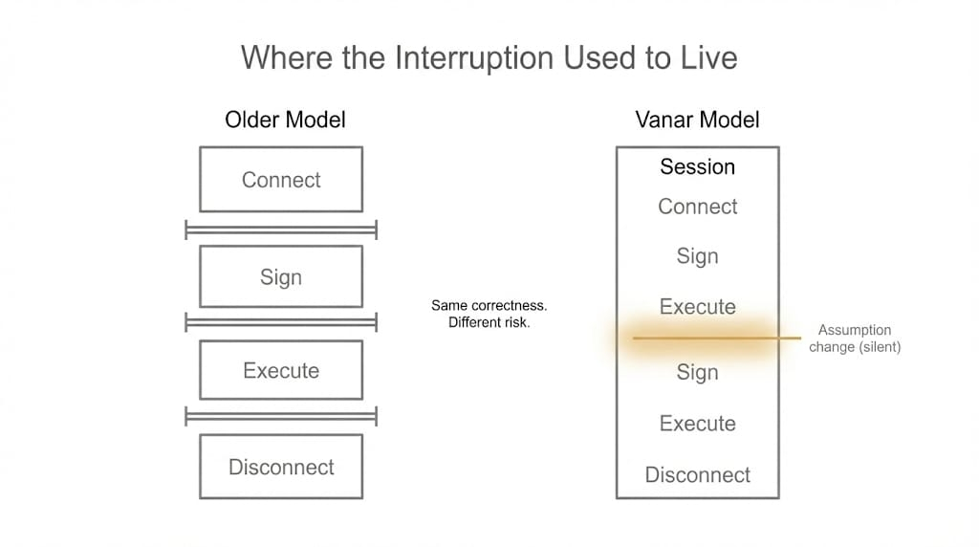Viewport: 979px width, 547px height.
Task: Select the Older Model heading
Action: tap(285, 120)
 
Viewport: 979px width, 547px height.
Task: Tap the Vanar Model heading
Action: tap(697, 120)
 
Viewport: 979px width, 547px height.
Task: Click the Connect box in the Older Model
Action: tap(281, 180)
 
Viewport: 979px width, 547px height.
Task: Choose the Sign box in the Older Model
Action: tap(281, 277)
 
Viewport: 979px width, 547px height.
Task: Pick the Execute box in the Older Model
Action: tap(281, 371)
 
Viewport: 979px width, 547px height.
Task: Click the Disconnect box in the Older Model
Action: tap(281, 468)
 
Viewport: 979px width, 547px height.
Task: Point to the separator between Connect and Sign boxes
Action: tap(281, 230)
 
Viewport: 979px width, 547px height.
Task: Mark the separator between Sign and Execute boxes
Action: tap(281, 322)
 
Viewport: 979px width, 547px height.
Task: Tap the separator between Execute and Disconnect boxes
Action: tap(281, 416)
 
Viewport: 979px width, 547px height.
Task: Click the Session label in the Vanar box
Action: tap(697, 167)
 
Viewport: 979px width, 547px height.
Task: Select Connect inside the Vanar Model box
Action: tap(697, 207)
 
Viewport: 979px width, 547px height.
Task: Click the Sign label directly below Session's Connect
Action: tap(697, 256)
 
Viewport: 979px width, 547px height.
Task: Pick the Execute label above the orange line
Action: tap(697, 307)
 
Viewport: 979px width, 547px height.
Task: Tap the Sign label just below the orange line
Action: tap(697, 373)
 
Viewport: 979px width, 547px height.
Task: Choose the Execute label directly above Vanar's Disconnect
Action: tap(697, 424)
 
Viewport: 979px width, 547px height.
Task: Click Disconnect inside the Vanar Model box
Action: tap(697, 475)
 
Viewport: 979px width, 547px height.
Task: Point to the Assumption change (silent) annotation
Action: tap(855, 339)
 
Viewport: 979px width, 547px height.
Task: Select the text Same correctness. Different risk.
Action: tap(489, 314)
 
